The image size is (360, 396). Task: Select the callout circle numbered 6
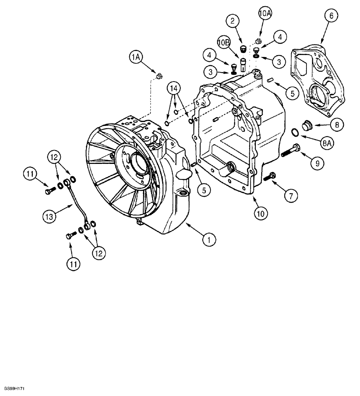pyautogui.click(x=331, y=16)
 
